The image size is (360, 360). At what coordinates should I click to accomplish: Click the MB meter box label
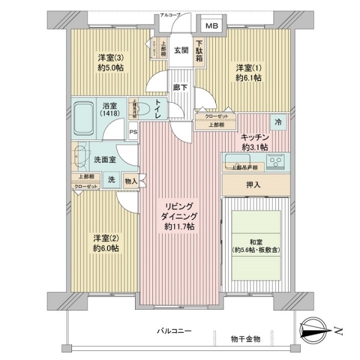click(212, 26)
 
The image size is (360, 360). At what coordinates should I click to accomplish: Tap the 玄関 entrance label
click(182, 50)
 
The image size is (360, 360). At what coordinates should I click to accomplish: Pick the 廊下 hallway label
click(180, 88)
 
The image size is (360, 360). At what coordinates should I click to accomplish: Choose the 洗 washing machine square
click(112, 179)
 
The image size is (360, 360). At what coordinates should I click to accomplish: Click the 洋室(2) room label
click(105, 242)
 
